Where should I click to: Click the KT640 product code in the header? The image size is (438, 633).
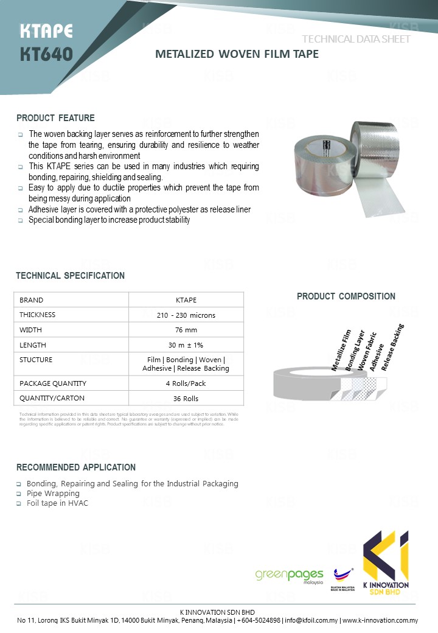point(46,54)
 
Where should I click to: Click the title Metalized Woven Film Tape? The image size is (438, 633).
point(237,54)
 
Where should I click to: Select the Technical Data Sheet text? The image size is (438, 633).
point(356,39)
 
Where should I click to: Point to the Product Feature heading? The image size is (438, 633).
point(55,117)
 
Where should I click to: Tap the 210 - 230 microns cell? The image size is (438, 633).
point(186,315)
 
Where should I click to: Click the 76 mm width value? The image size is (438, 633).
point(186,330)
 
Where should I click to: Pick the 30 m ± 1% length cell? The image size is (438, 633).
point(186,345)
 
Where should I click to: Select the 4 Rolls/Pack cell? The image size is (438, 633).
point(186,383)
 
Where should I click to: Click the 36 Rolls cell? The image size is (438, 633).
point(186,399)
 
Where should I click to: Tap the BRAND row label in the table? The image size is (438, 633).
point(32,300)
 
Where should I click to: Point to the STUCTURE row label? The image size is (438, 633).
point(36,360)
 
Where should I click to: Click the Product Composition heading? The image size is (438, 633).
point(346,296)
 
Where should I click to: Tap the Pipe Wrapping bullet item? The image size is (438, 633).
point(53,493)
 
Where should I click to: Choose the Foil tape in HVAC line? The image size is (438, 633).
point(57,503)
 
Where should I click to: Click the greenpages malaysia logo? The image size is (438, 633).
point(289,575)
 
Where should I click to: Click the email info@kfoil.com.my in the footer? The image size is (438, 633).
point(311,621)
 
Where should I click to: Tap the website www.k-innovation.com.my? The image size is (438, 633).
point(380,621)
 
